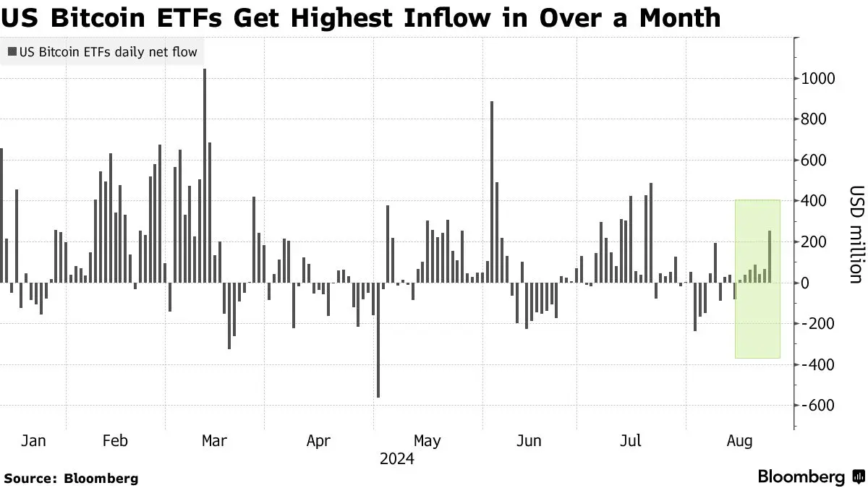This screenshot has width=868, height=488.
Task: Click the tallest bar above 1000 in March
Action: (205, 176)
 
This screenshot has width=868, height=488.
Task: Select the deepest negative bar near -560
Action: (378, 340)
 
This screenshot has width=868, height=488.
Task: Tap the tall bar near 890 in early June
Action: (492, 192)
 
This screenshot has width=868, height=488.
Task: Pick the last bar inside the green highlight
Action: (770, 257)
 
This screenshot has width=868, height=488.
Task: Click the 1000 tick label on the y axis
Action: (818, 79)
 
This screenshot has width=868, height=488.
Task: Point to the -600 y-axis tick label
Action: (818, 406)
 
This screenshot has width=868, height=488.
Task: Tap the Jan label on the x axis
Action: (33, 441)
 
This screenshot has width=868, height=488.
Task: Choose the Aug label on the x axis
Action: (739, 441)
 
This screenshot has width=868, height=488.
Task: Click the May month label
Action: (427, 441)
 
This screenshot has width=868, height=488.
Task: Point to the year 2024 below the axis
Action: (397, 459)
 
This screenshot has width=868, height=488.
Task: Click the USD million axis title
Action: (856, 235)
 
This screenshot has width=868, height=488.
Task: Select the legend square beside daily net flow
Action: (12, 51)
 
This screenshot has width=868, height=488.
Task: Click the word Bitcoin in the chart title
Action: (98, 18)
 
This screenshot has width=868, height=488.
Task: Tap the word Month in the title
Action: (680, 18)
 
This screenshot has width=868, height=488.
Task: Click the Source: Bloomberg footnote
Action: (71, 479)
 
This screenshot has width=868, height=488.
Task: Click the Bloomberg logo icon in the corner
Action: (858, 476)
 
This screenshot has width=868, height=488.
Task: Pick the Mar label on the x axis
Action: (214, 441)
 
